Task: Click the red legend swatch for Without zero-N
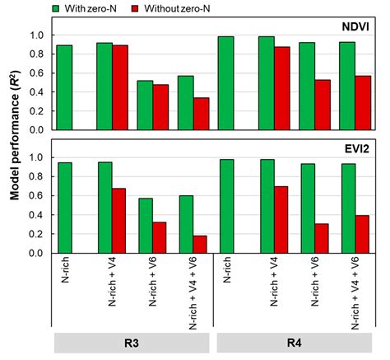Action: coord(147,8)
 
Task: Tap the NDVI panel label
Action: coord(355,26)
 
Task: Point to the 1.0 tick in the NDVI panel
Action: coord(41,35)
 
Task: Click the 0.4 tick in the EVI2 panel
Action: coord(41,215)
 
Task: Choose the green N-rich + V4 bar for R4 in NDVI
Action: coord(266,83)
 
